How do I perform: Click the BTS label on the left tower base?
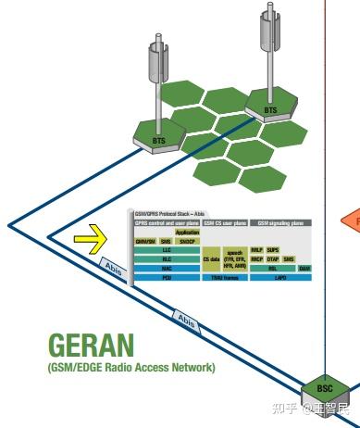click(x=158, y=142)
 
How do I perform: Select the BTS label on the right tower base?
click(x=270, y=110)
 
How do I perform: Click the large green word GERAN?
click(x=91, y=346)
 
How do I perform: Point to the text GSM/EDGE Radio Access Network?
click(x=130, y=368)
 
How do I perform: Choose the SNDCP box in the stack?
click(x=187, y=241)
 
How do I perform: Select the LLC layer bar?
click(x=167, y=249)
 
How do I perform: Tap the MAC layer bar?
click(x=167, y=269)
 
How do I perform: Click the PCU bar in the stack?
click(x=167, y=278)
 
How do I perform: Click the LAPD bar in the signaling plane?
click(x=280, y=278)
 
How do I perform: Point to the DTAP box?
click(x=273, y=259)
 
